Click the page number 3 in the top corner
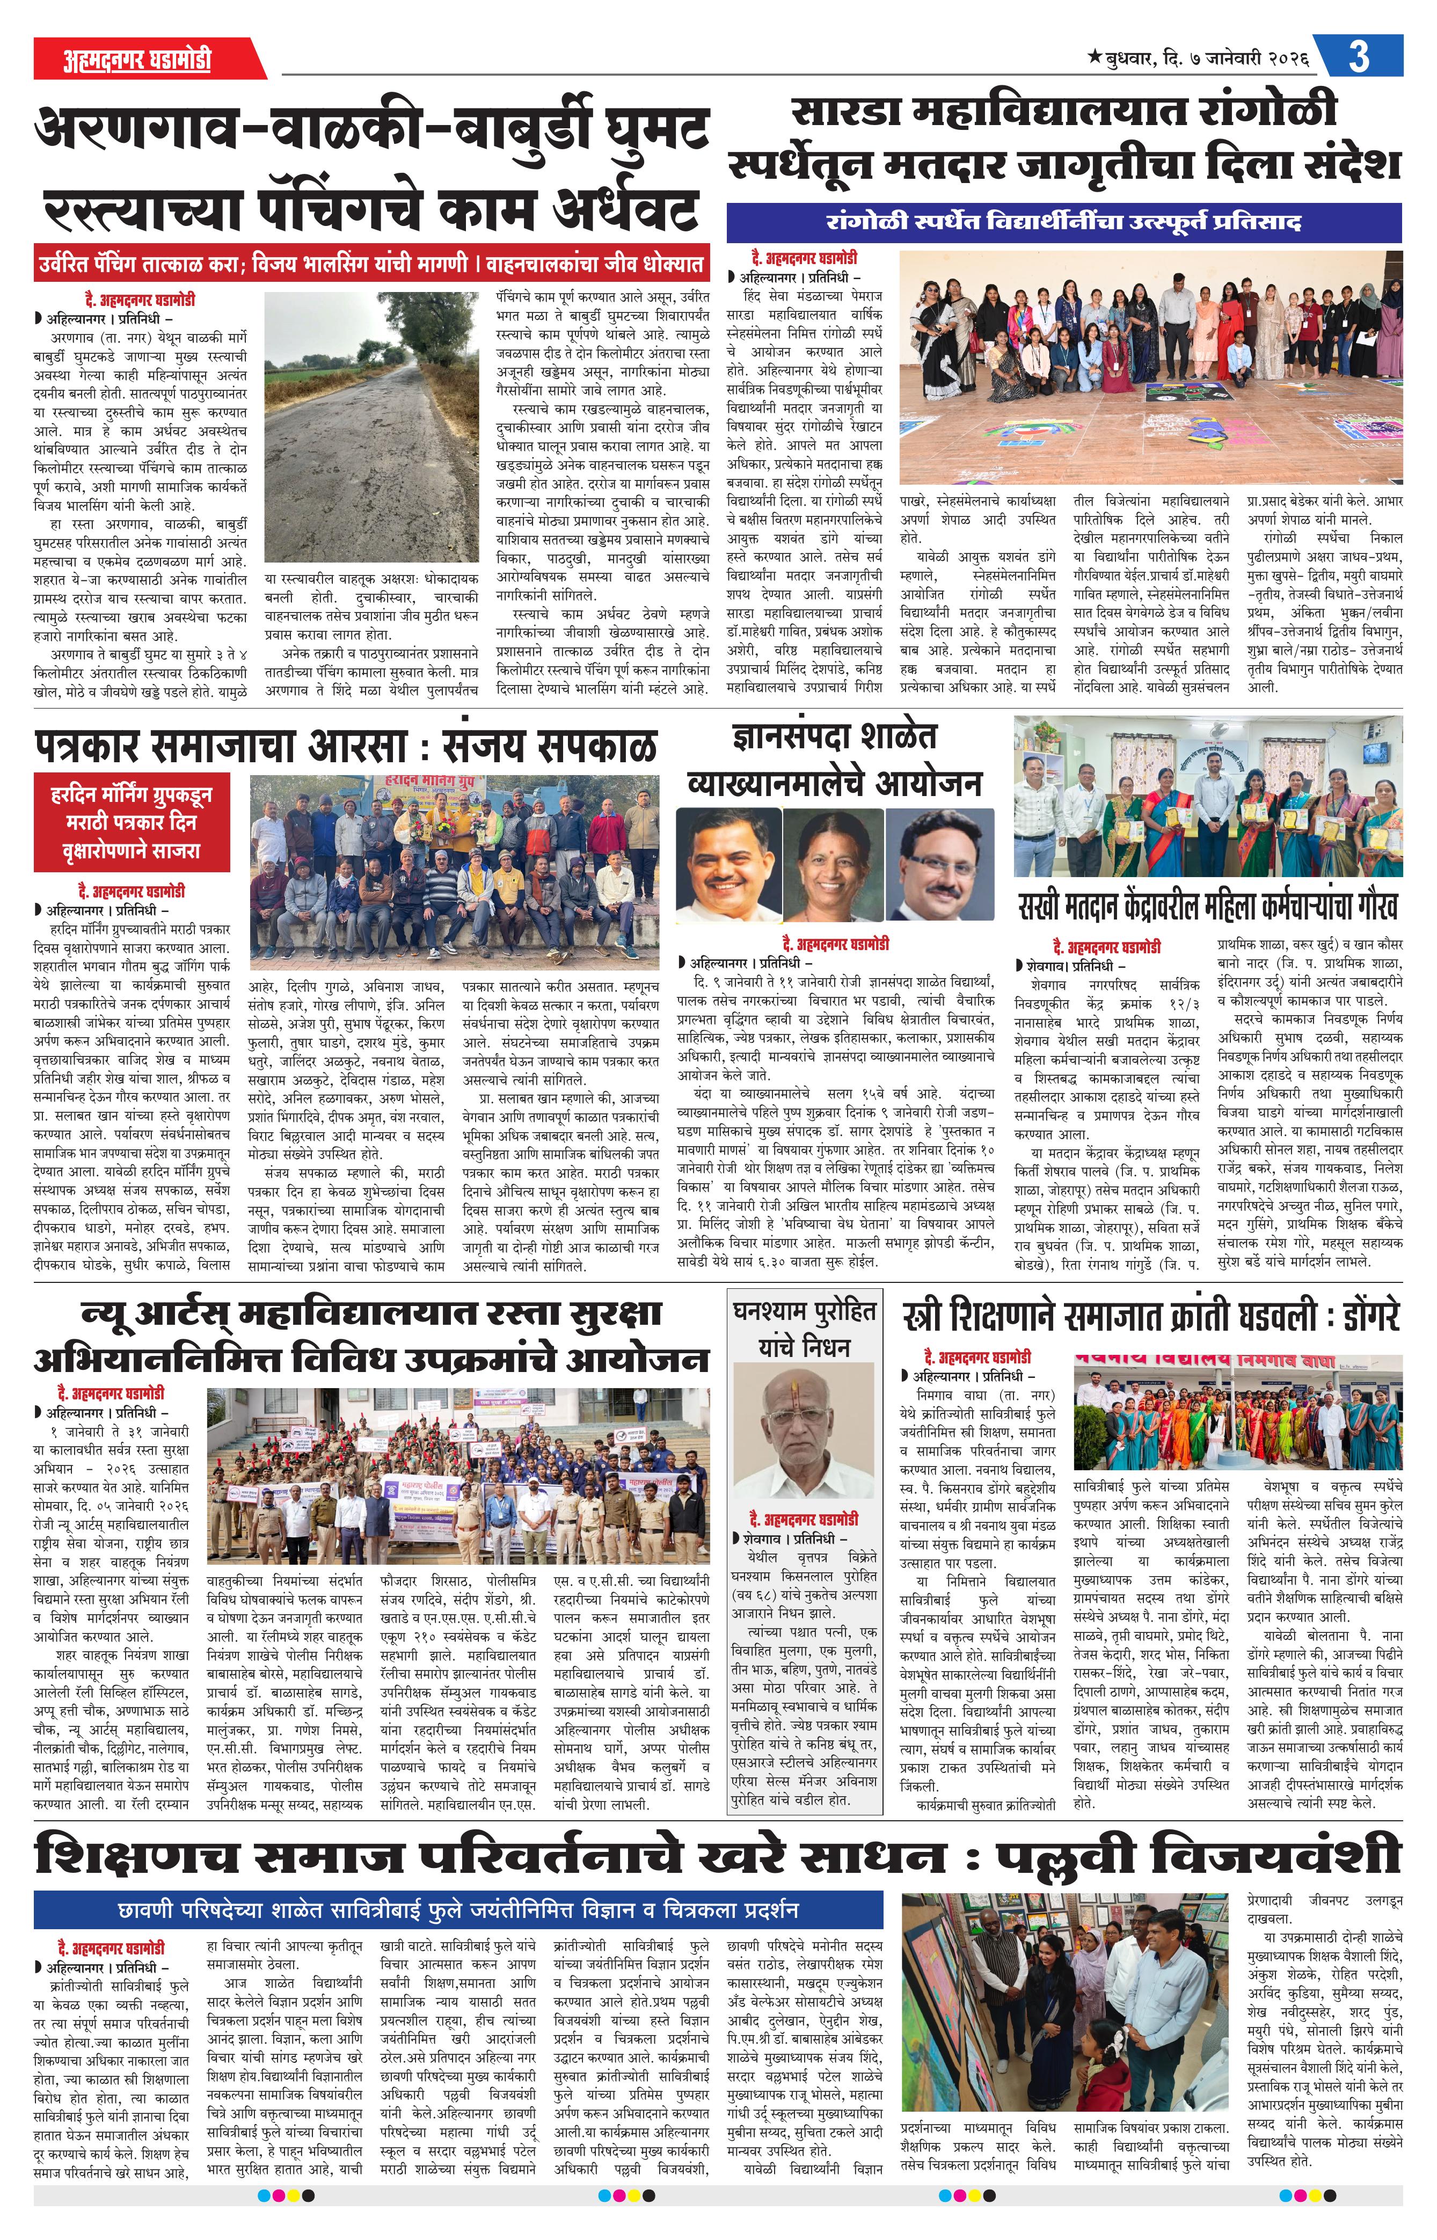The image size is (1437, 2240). [1359, 57]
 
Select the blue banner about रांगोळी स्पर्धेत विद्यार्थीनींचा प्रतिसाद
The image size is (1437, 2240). [1064, 223]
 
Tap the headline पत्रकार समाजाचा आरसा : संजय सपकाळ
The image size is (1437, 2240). [345, 746]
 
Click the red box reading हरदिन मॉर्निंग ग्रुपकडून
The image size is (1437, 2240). [132, 822]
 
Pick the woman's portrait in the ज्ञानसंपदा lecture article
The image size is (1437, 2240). [833, 863]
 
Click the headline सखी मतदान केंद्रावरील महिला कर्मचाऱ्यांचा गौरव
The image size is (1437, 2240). [1208, 908]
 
